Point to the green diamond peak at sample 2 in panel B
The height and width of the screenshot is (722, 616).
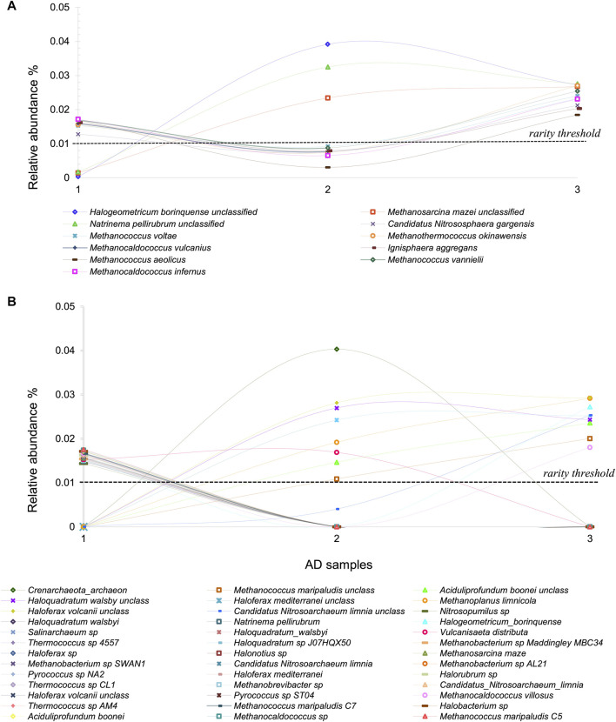pos(337,349)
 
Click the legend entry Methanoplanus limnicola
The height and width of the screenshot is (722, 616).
pos(471,600)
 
